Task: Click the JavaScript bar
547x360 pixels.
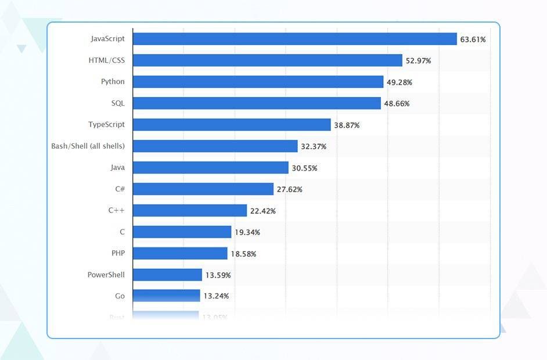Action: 294,39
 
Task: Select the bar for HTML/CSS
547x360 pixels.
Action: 267,60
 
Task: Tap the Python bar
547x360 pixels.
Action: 258,82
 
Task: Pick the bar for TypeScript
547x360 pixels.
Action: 232,125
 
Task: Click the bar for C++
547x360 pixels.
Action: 190,210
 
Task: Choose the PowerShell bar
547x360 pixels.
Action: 167,275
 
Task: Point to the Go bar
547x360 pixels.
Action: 166,296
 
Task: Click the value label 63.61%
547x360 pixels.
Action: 473,39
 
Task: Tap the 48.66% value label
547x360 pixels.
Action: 397,104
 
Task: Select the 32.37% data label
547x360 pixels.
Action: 314,147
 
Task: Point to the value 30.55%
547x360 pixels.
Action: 304,168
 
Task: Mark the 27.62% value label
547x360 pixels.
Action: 289,190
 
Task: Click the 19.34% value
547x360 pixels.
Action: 247,232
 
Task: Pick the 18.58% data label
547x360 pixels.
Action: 243,254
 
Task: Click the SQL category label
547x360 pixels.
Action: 118,103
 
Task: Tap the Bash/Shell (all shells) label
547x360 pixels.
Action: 88,146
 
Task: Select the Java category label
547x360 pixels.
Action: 117,168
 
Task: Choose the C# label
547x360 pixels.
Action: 120,189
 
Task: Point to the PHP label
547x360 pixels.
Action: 118,253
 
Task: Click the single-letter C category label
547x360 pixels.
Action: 122,232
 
